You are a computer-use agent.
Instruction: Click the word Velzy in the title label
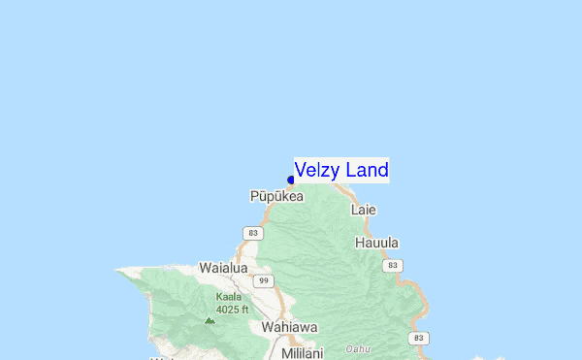(x=317, y=171)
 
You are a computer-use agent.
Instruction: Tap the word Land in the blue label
(x=367, y=171)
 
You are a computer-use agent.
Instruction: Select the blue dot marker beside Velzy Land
(x=291, y=180)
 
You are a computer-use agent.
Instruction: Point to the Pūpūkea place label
(x=276, y=196)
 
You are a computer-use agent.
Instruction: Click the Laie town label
(x=363, y=210)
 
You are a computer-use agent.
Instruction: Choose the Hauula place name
(x=377, y=243)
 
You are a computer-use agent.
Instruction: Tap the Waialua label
(x=224, y=267)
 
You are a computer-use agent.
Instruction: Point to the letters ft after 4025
(x=244, y=310)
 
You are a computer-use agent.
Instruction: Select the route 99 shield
(x=263, y=281)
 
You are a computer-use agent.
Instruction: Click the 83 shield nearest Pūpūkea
(x=253, y=233)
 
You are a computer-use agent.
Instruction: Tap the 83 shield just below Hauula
(x=392, y=265)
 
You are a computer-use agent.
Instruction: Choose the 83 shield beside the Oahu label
(x=418, y=338)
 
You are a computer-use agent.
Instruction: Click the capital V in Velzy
(x=301, y=171)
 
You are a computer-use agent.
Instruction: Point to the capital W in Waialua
(x=205, y=267)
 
